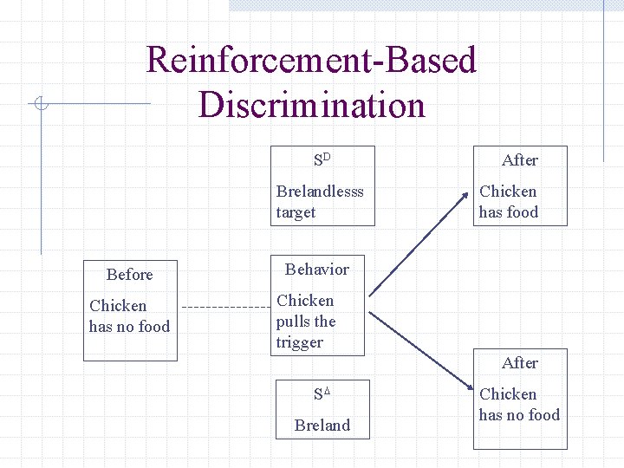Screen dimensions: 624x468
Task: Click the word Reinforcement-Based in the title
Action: point(312,61)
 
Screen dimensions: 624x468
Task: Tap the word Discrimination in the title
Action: point(312,105)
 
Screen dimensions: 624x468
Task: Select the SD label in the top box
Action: point(322,159)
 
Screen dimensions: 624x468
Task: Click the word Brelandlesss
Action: point(320,192)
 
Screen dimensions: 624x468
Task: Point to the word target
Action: point(296,212)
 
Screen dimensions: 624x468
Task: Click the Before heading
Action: point(129,275)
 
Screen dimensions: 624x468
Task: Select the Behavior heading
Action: point(317,270)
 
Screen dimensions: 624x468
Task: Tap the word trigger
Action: point(299,342)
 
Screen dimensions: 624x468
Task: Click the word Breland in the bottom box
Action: point(322,426)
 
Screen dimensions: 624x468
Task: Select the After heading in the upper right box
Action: point(520,160)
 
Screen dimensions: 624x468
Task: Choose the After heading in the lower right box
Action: point(520,363)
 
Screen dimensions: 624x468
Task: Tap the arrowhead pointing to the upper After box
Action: point(469,211)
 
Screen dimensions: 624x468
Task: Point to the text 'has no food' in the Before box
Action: point(129,327)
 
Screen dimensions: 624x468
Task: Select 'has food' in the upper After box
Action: point(509,212)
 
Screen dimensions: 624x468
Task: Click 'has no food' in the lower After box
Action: point(519,415)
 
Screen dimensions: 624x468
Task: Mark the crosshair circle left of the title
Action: point(40,105)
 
